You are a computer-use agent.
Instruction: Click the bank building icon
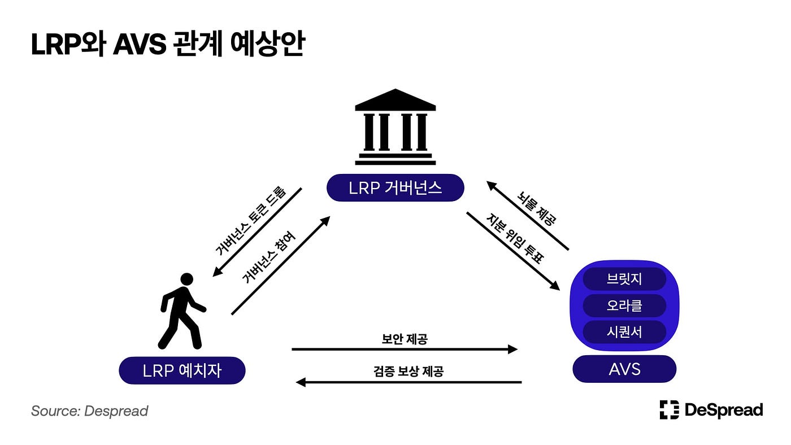(395, 127)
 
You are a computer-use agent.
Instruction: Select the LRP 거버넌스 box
(395, 187)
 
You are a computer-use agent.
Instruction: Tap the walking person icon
(181, 311)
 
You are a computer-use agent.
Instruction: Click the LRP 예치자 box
(182, 370)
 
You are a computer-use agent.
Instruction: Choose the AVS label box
(624, 369)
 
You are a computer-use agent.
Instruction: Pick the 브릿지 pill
(624, 279)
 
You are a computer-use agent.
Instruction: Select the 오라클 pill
(624, 306)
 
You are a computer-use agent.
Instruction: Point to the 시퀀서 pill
(624, 331)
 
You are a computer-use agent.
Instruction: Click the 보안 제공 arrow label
(404, 339)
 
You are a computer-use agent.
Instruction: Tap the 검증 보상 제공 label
(408, 371)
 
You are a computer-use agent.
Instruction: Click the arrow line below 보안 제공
(404, 350)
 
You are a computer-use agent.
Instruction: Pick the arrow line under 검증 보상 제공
(408, 382)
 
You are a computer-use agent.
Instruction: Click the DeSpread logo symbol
(669, 409)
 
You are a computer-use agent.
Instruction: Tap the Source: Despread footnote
(89, 411)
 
